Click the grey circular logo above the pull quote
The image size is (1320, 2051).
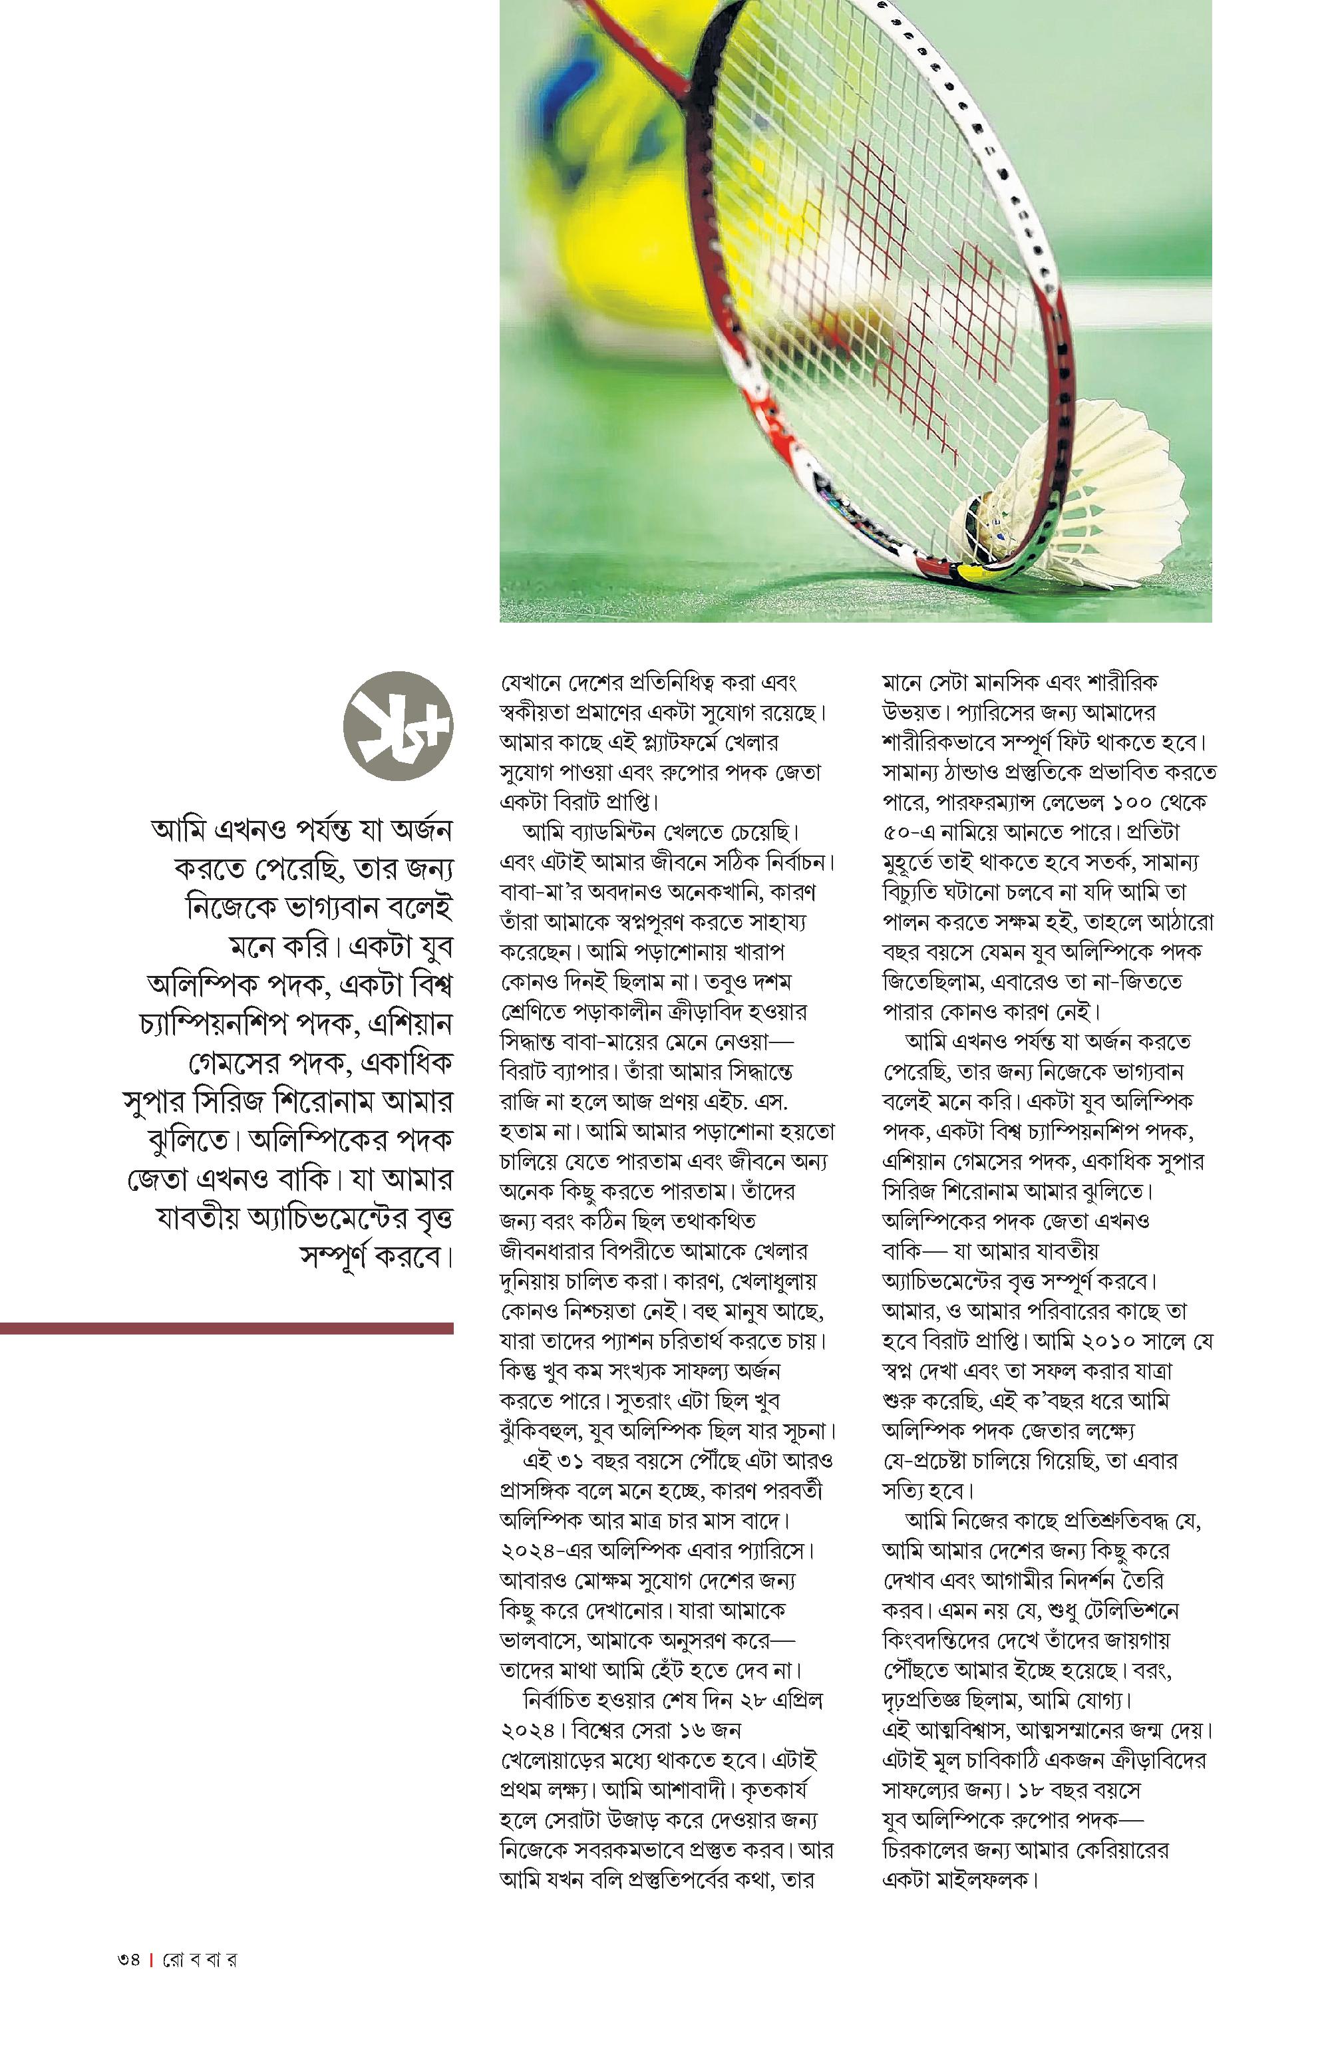[398, 726]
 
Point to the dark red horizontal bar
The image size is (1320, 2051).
[226, 1329]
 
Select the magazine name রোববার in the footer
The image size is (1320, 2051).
[200, 1959]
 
